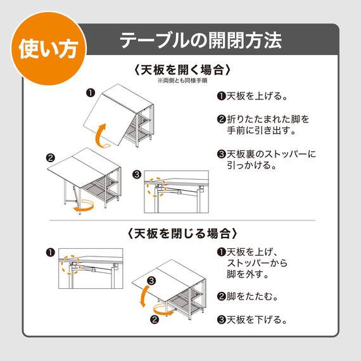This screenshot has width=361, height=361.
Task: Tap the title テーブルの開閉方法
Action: [x=201, y=41]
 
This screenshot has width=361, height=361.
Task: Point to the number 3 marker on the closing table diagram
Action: [x=151, y=281]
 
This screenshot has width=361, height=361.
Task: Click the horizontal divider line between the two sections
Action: [x=180, y=220]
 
